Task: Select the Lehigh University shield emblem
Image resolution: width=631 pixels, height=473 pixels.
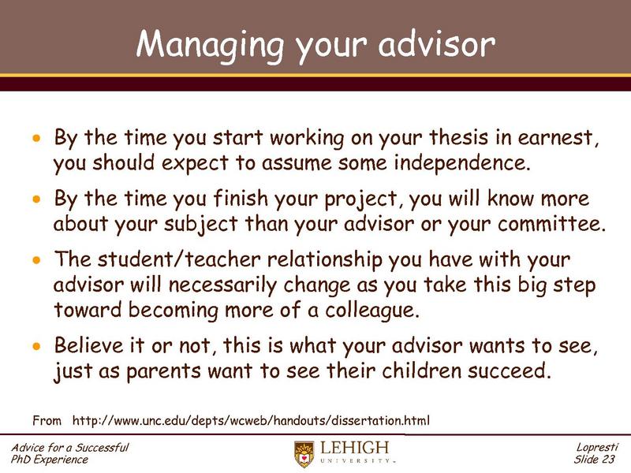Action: (303, 453)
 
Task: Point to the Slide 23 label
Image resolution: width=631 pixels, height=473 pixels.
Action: (597, 460)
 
